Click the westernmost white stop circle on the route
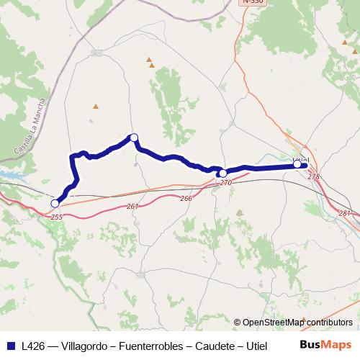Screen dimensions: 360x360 [55, 204]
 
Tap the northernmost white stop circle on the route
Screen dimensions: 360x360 [133, 138]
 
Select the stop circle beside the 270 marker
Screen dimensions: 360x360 [223, 174]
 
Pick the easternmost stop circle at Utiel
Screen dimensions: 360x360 [297, 165]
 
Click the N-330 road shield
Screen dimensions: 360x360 [251, 3]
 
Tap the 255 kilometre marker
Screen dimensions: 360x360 [57, 216]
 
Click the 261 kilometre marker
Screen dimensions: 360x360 [132, 207]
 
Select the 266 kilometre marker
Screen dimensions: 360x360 [186, 198]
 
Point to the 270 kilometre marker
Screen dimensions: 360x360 [226, 183]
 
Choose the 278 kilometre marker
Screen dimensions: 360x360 [313, 176]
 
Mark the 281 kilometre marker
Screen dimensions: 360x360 [344, 212]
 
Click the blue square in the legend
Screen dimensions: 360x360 [10, 345]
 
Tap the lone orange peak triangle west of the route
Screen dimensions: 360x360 [96, 107]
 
